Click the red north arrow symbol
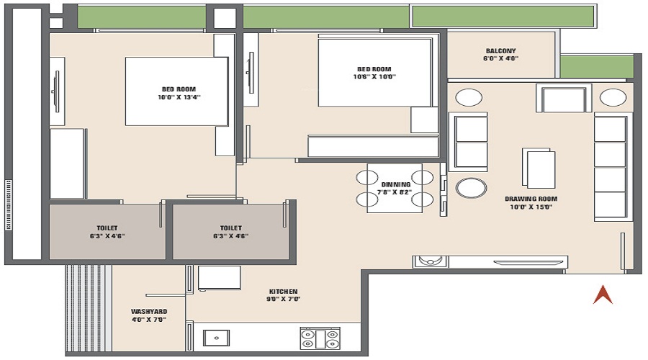click(x=602, y=294)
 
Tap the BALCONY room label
click(x=500, y=51)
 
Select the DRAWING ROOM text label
click(x=531, y=199)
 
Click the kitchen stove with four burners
click(x=319, y=338)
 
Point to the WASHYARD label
click(x=149, y=312)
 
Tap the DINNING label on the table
click(x=395, y=184)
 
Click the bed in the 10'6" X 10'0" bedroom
click(x=375, y=72)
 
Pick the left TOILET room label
click(x=107, y=227)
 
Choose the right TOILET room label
click(x=231, y=227)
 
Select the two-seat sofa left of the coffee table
click(x=472, y=141)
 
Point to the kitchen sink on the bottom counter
click(x=215, y=337)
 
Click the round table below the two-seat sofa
click(x=472, y=189)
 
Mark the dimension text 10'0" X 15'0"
click(x=531, y=207)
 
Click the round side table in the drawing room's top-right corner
click(x=613, y=98)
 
